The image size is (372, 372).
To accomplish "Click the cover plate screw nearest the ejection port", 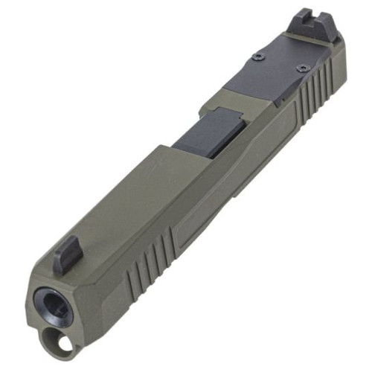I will (257, 57).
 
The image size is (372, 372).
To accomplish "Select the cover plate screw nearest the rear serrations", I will (302, 68).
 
